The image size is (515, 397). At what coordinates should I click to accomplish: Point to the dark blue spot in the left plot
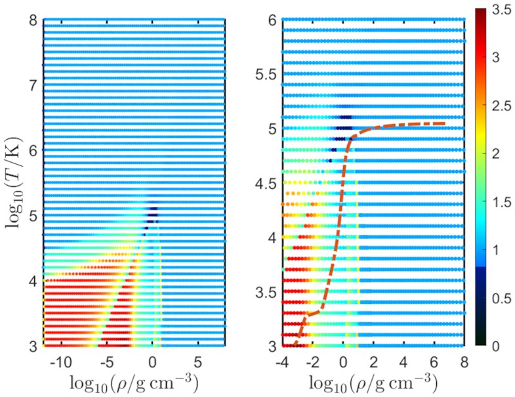click(153, 211)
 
